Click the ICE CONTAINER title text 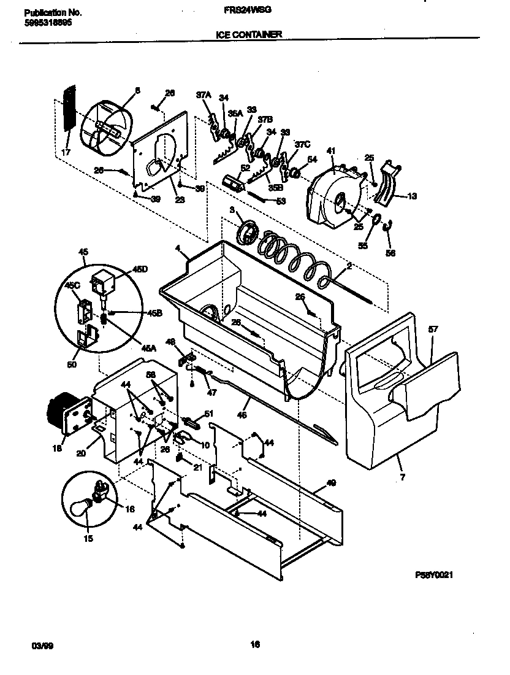249,35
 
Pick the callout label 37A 203,94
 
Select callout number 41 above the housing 331,151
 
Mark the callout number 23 162,199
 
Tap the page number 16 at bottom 255,644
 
